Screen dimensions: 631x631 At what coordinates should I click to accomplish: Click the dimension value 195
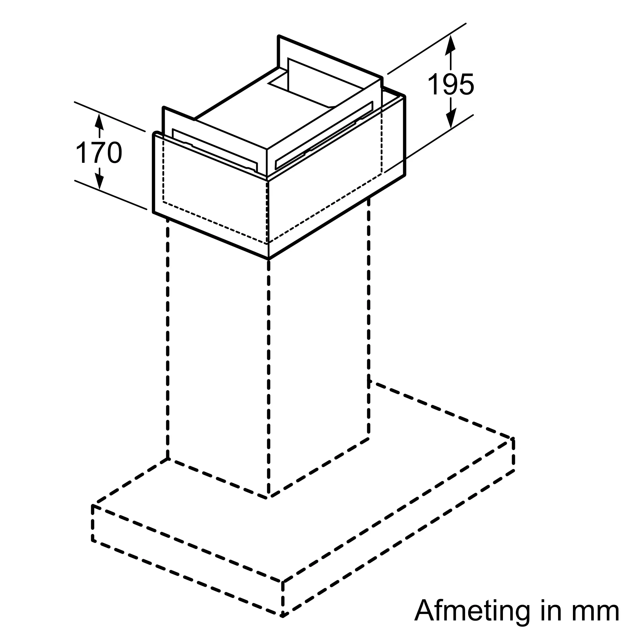pyautogui.click(x=451, y=85)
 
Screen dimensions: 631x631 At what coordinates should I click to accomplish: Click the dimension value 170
pyautogui.click(x=99, y=153)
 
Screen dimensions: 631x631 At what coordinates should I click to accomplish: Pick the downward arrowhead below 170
pyautogui.click(x=99, y=183)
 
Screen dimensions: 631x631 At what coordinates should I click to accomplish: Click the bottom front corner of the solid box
pyautogui.click(x=268, y=259)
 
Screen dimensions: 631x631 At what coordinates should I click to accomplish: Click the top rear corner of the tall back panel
pyautogui.click(x=279, y=36)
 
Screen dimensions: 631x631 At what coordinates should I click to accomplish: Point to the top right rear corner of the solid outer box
pyautogui.click(x=404, y=96)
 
